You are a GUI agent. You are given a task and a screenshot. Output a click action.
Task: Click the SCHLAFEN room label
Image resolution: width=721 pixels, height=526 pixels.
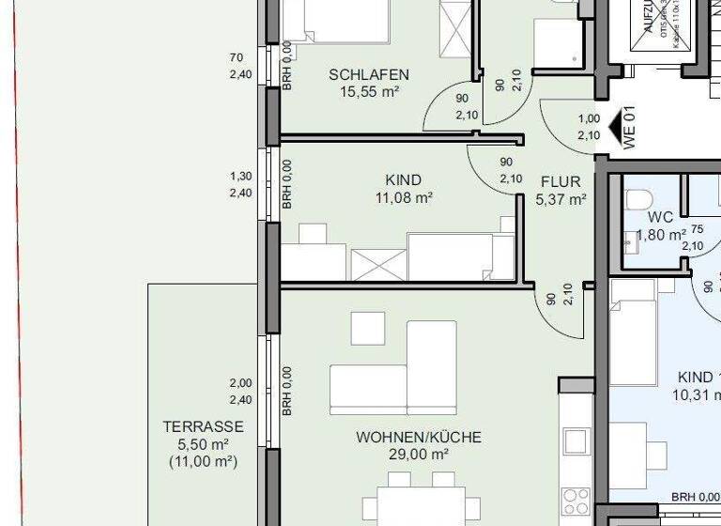(x=369, y=75)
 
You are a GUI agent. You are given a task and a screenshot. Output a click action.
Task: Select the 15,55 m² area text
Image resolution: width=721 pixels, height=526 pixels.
(x=369, y=92)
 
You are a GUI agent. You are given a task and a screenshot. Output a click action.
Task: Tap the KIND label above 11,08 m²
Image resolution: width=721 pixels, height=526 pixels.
(x=404, y=180)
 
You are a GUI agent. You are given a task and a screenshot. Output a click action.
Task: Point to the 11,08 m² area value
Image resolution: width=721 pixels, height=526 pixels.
(x=404, y=198)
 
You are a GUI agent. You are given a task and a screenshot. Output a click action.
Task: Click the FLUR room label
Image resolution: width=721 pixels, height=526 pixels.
(x=560, y=181)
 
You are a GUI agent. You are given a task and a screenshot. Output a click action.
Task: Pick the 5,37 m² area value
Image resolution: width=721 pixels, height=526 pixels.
(x=560, y=199)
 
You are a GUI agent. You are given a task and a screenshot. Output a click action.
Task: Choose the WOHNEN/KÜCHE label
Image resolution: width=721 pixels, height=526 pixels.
(x=419, y=438)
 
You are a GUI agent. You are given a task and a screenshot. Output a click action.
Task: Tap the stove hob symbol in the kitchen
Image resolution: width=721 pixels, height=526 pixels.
(x=575, y=498)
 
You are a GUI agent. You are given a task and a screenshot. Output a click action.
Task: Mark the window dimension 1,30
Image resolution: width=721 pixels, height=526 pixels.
(x=240, y=176)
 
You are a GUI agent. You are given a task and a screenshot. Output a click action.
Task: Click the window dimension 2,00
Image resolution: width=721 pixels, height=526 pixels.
(x=240, y=383)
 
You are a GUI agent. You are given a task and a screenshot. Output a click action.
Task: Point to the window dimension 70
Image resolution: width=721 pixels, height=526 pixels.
(x=237, y=57)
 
